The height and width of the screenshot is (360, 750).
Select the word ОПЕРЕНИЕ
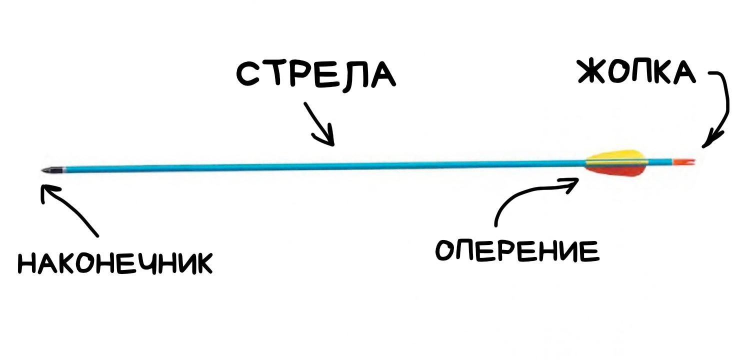pos(517,250)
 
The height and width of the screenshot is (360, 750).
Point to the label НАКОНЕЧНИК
pos(115,263)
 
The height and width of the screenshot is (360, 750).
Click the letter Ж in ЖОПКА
pos(592,71)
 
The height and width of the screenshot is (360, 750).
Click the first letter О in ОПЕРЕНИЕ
pos(446,250)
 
